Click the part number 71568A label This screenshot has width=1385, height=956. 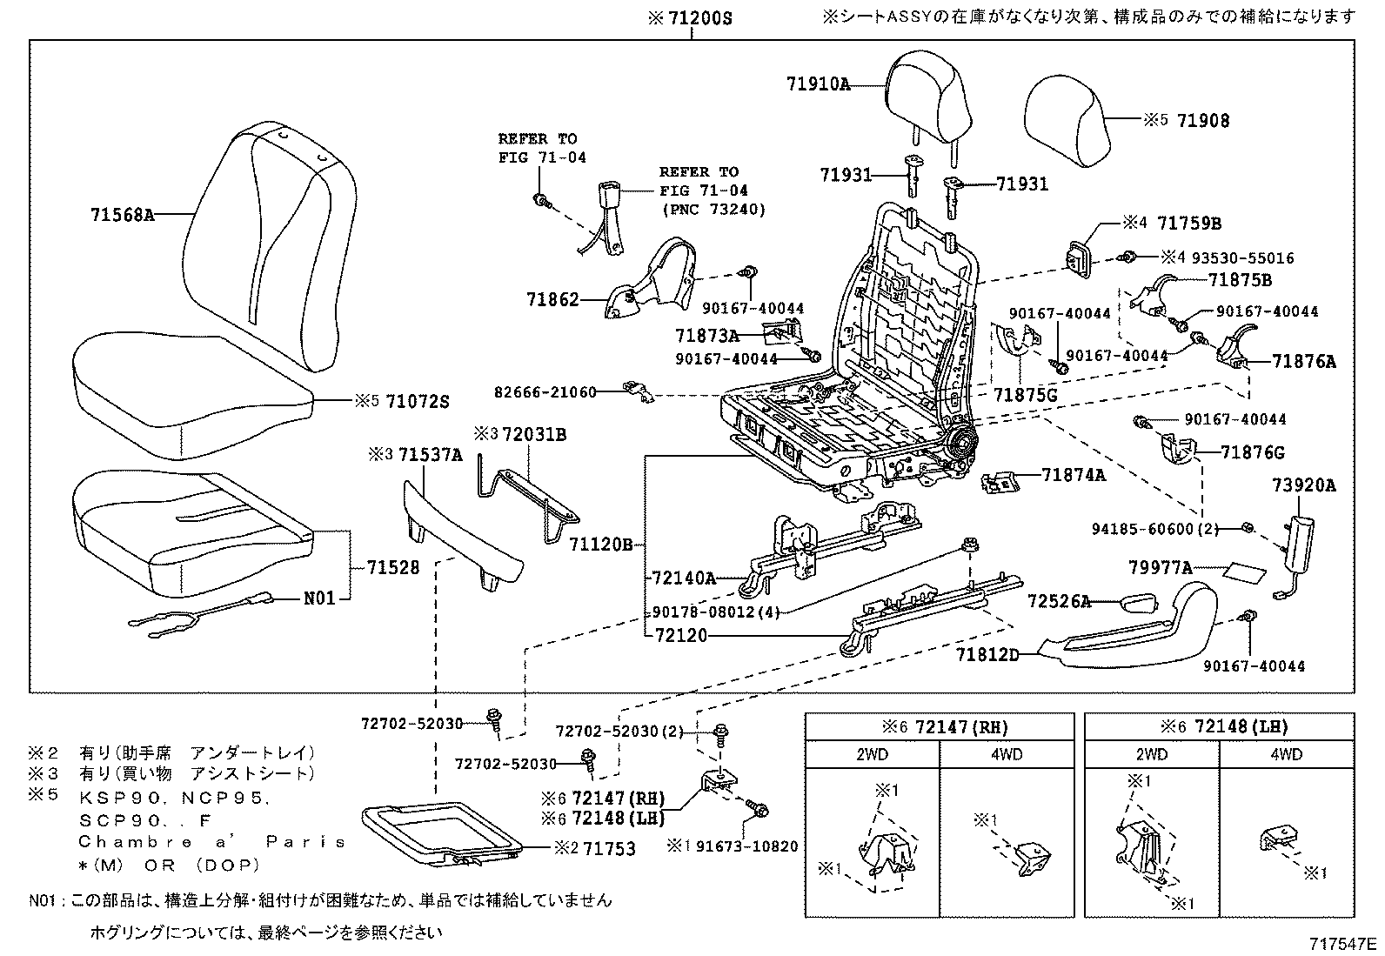click(x=122, y=214)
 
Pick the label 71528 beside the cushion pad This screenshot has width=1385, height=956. click(x=393, y=567)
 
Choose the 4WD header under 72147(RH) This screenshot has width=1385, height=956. click(x=1007, y=754)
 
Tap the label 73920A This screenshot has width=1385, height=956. click(x=1303, y=486)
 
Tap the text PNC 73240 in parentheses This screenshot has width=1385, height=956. click(x=713, y=209)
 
